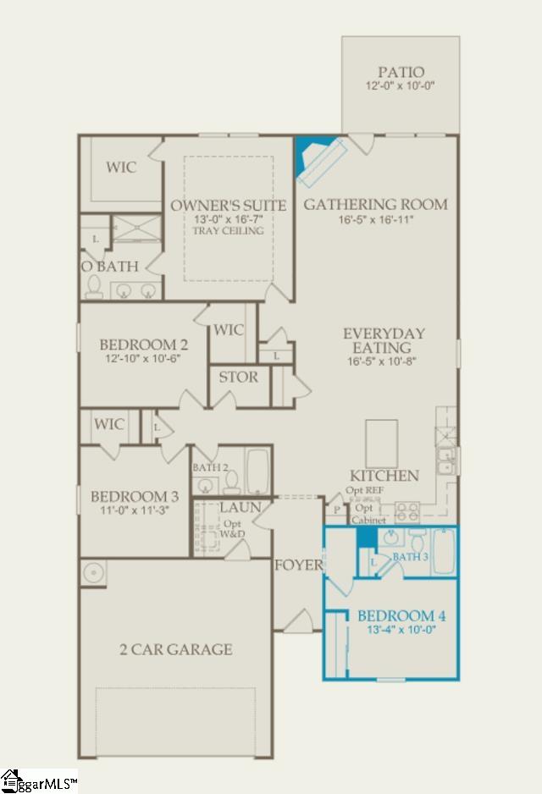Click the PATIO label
[401, 72]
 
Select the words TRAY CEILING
[228, 231]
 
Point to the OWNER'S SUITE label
[228, 205]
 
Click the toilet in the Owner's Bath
[94, 287]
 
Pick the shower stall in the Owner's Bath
[136, 229]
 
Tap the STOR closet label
[239, 378]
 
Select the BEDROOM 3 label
[134, 496]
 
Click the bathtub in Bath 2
[257, 471]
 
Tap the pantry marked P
[337, 510]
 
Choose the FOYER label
[298, 565]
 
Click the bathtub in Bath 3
[444, 551]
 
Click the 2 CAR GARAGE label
[175, 649]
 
